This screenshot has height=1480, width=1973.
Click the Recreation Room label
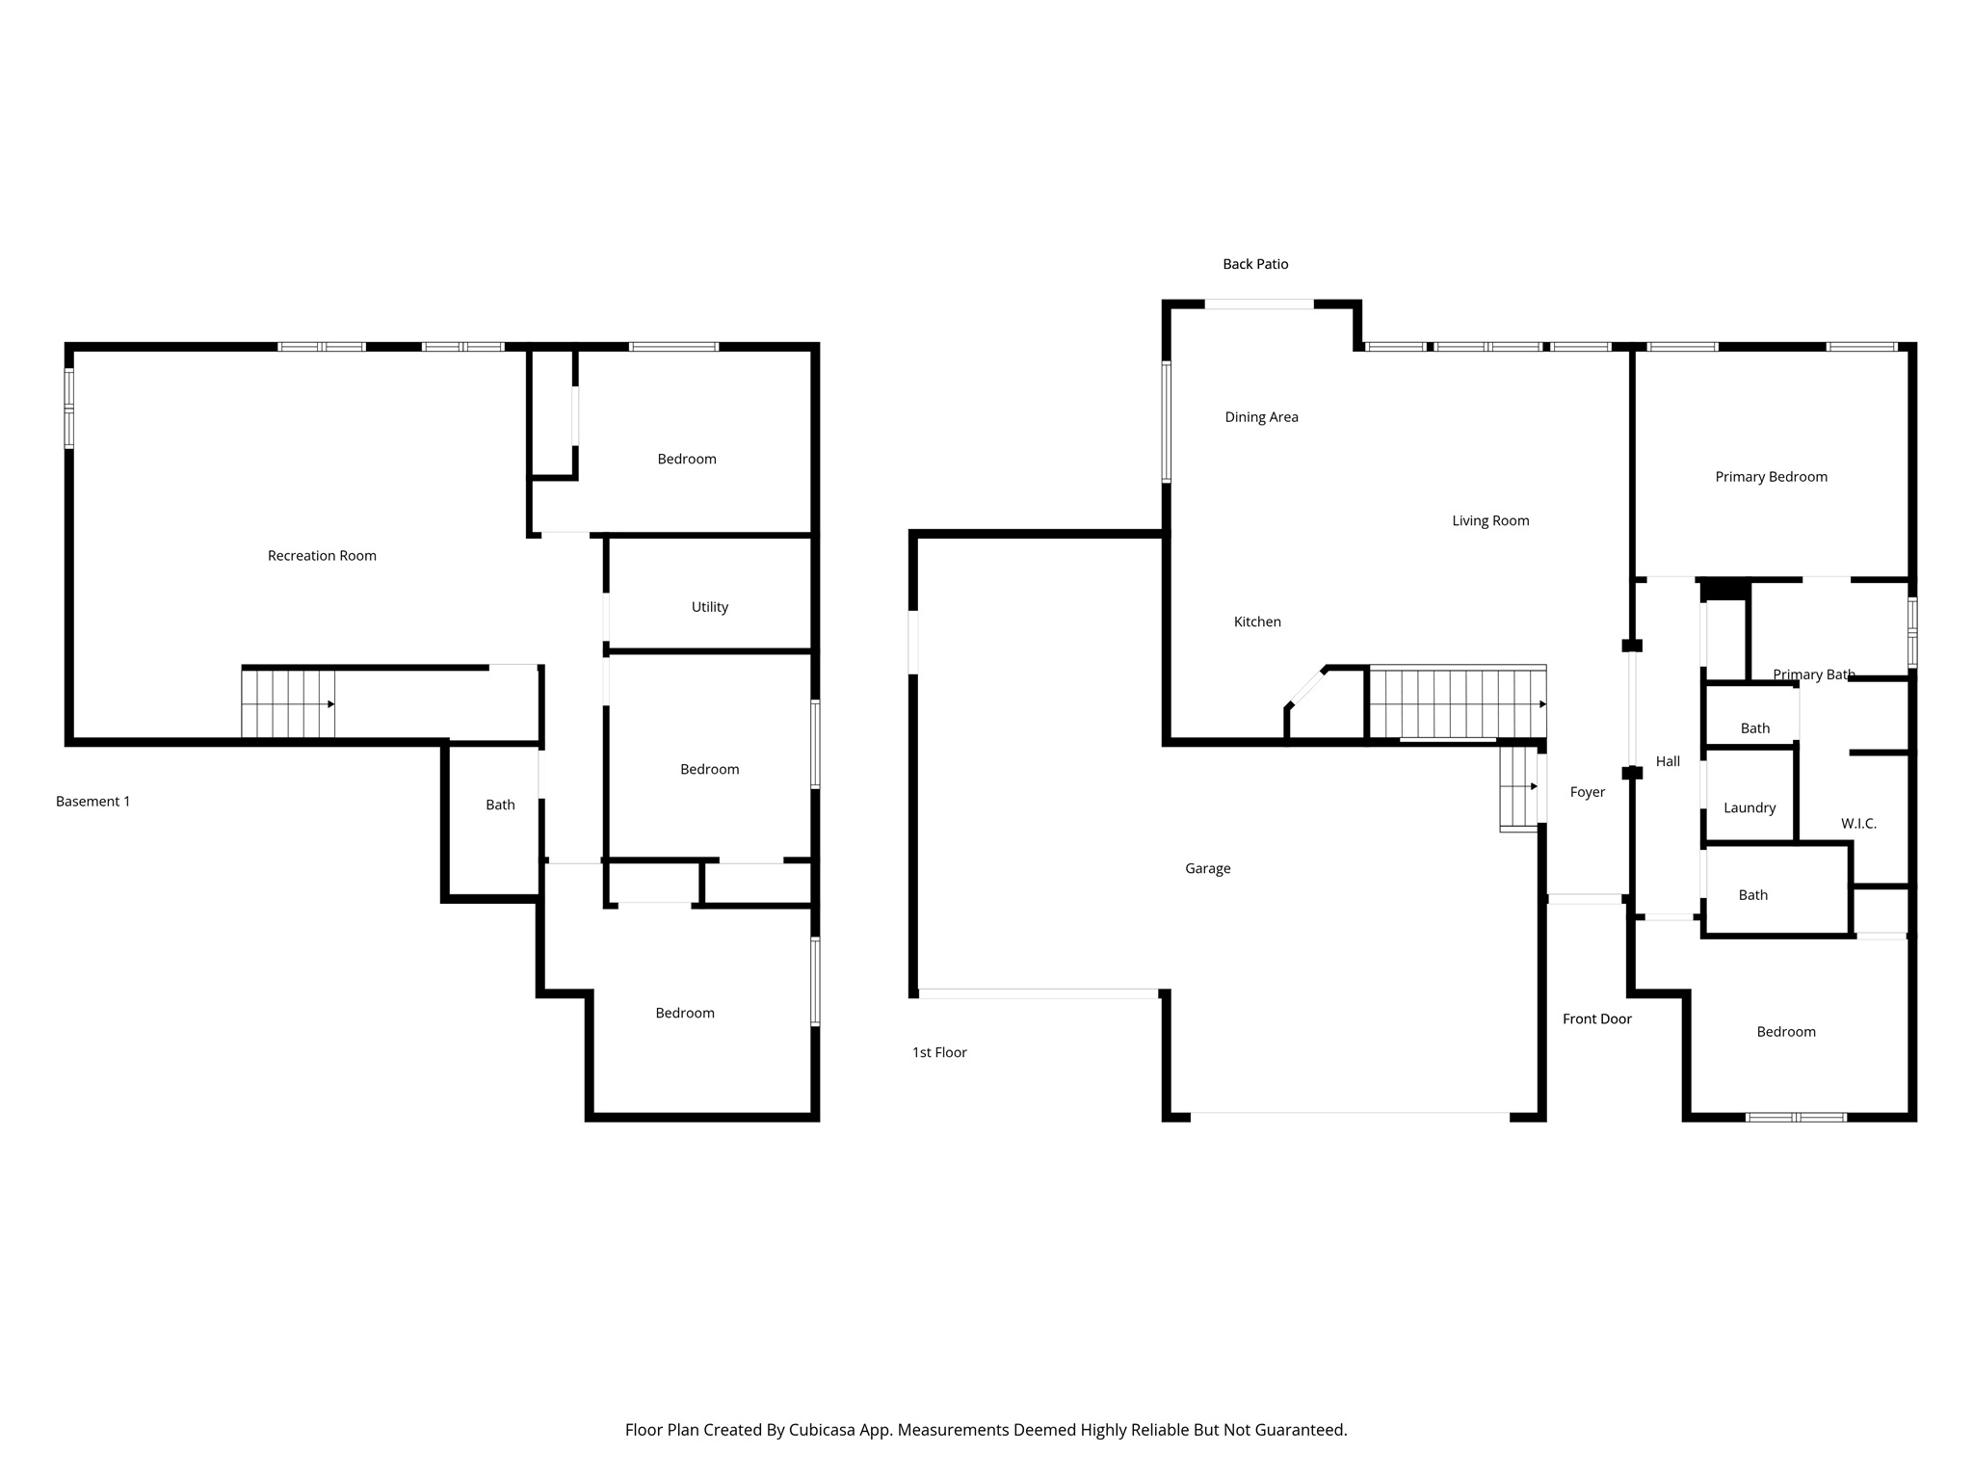coord(322,556)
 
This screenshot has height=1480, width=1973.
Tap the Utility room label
coord(709,607)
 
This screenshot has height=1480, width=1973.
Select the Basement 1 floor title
coord(92,802)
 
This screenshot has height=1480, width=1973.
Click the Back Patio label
coord(1254,264)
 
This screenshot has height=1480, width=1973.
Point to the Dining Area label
coord(1261,417)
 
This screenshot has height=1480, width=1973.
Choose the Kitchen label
coord(1257,622)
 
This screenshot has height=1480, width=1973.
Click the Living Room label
coord(1490,521)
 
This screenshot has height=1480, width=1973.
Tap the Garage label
coord(1207,869)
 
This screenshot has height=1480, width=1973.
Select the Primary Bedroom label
coord(1771,477)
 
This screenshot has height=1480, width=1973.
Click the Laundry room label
coord(1749,808)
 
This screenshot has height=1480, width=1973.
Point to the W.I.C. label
coord(1858,824)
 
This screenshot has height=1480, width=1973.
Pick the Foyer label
coord(1587,793)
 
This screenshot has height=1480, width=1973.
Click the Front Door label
coord(1596,1019)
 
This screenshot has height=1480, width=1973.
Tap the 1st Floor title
coord(939,1053)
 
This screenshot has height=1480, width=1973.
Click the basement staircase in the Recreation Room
coord(287,704)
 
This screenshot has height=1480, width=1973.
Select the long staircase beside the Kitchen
coord(1457,703)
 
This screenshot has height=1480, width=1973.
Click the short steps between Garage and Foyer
coord(1518,787)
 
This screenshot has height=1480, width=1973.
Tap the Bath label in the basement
coord(500,806)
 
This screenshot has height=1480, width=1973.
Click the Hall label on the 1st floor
coord(1668,762)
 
